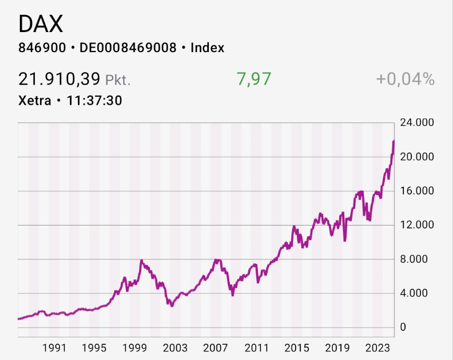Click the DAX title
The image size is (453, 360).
coord(41,23)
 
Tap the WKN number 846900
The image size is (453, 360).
coord(41,48)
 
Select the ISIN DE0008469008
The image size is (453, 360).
coord(128,48)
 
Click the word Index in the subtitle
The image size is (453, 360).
coord(207,48)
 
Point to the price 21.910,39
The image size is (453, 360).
coord(59,79)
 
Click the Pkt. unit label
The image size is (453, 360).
coord(118,80)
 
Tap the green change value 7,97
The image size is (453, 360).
coord(254,79)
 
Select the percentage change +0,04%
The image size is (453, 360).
coord(405,79)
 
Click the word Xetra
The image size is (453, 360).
coord(35,101)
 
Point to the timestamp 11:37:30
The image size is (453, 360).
coord(94,101)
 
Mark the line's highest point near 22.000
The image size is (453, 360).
coord(394,141)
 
